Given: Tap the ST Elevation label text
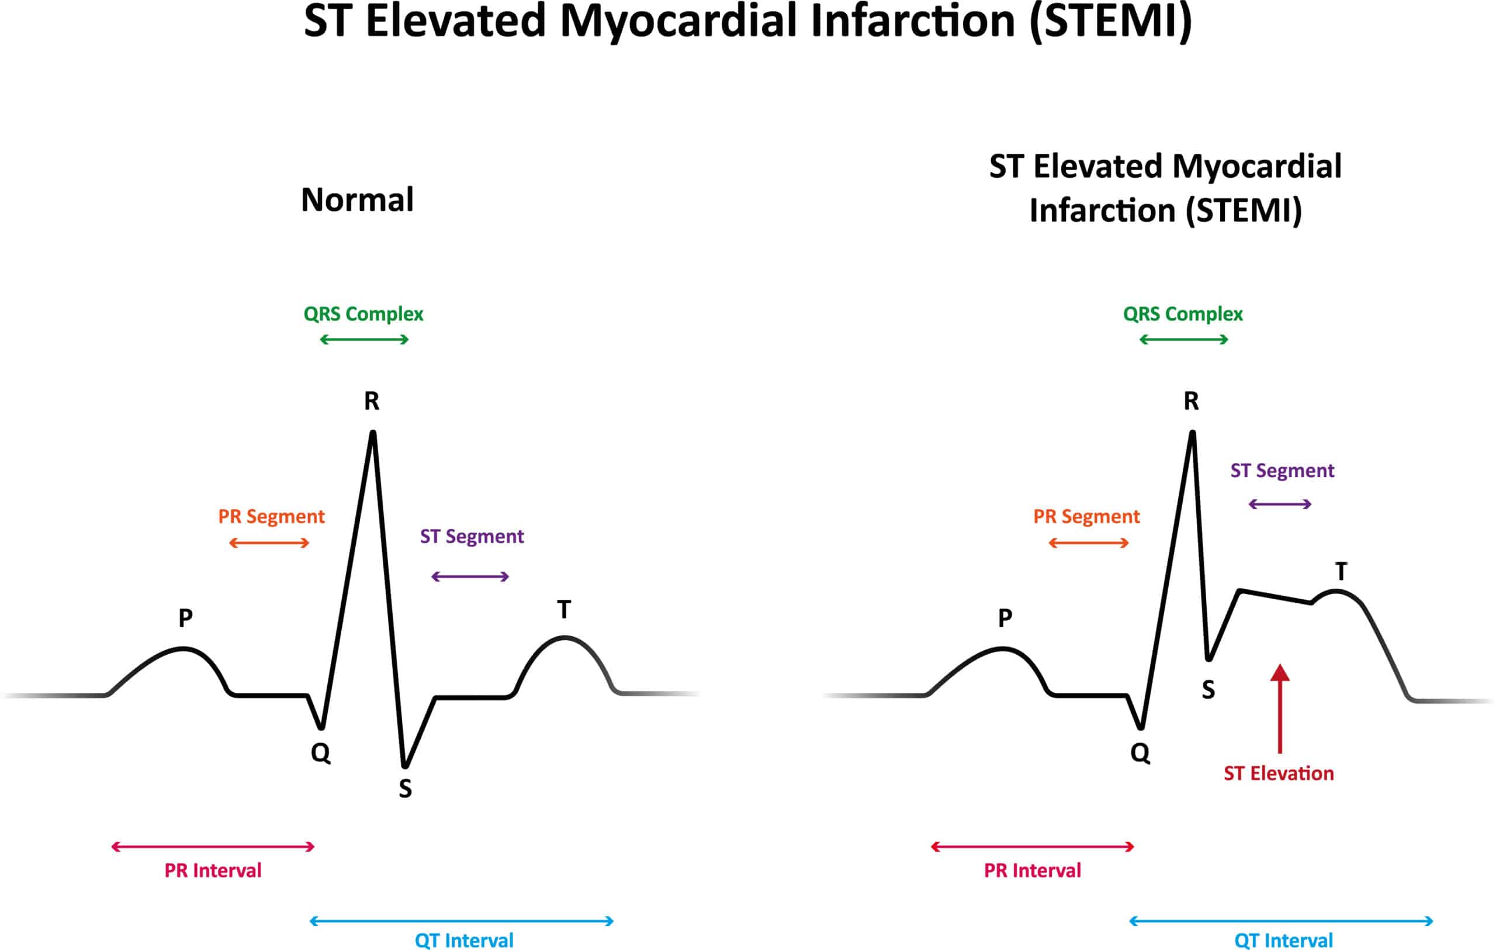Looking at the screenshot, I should pyautogui.click(x=1279, y=773).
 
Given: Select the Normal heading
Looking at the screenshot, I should pyautogui.click(x=357, y=200).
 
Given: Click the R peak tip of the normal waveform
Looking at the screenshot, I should pyautogui.click(x=373, y=433).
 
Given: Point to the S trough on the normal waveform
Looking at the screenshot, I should pyautogui.click(x=404, y=765).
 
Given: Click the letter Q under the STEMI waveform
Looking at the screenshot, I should pyautogui.click(x=1140, y=753).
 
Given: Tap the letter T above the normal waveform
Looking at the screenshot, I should pyautogui.click(x=563, y=610).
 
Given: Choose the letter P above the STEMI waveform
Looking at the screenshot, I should pyautogui.click(x=1005, y=618).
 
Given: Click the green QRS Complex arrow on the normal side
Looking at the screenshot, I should pyautogui.click(x=364, y=339).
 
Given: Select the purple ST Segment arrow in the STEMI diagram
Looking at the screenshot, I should pyautogui.click(x=1280, y=504).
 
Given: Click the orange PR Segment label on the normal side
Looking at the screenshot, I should pyautogui.click(x=271, y=516).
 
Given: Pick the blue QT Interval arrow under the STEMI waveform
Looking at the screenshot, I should pyautogui.click(x=1281, y=921).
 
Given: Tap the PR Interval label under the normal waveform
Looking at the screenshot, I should pyautogui.click(x=213, y=870).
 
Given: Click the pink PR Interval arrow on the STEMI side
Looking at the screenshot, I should pyautogui.click(x=1033, y=847).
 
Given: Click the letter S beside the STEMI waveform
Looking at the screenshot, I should pyautogui.click(x=1208, y=690).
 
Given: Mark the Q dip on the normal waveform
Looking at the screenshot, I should pyautogui.click(x=321, y=726).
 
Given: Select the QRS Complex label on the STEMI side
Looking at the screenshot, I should pyautogui.click(x=1183, y=314).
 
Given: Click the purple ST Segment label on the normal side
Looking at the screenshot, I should pyautogui.click(x=472, y=536).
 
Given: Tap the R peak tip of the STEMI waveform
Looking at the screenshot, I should pyautogui.click(x=1192, y=433).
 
